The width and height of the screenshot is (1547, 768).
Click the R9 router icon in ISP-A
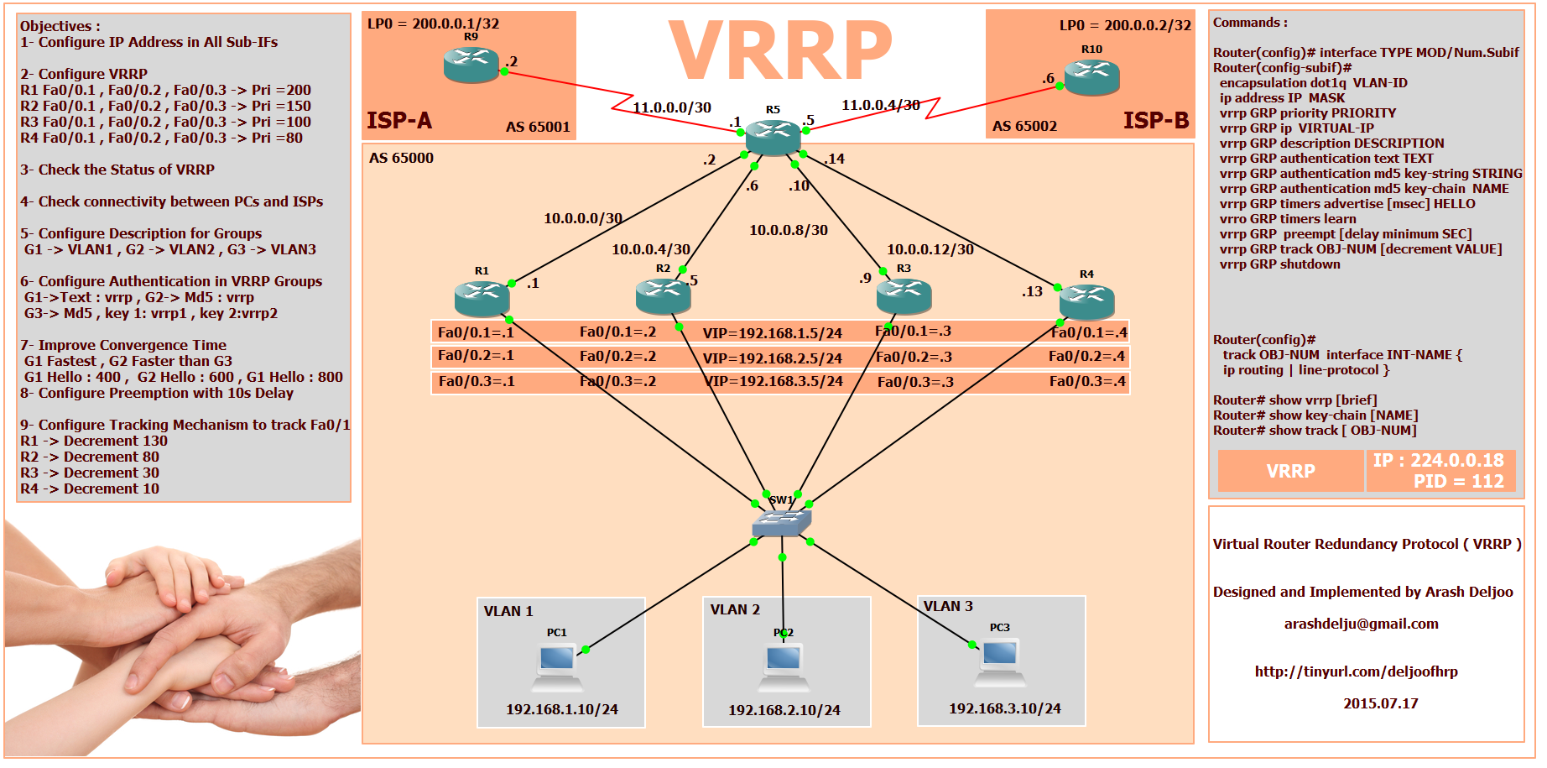coord(471,65)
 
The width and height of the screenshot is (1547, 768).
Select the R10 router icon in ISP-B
coord(1091,77)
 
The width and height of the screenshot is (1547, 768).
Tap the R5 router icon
coord(773,137)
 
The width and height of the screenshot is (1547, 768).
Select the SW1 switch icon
coord(781,523)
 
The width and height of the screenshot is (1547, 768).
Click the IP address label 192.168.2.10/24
coord(784,710)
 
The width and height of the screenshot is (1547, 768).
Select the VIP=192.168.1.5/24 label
coord(772,333)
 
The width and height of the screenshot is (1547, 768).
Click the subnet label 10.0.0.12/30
coord(930,249)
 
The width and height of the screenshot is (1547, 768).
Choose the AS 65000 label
coord(401,158)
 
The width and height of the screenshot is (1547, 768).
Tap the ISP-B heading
coord(1156,121)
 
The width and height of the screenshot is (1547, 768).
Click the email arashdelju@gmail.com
coord(1361,624)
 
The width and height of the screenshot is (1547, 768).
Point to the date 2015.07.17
coord(1380,703)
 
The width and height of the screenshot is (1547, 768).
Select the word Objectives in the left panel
coord(56,26)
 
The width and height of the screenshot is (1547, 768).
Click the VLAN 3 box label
coord(948,606)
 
